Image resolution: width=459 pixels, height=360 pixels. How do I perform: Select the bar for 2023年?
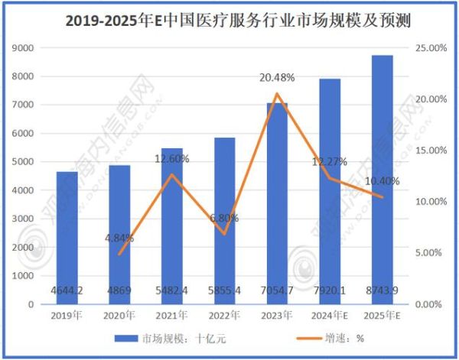pos(277,203)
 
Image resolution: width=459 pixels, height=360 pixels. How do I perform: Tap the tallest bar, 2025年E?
pos(382,180)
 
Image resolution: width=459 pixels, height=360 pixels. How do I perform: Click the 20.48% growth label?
pos(277,77)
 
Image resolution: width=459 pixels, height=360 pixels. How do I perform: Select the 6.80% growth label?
pos(223,218)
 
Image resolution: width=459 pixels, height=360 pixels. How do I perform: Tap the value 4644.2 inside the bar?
pos(67,291)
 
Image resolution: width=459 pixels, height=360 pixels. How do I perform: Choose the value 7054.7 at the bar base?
pos(277,291)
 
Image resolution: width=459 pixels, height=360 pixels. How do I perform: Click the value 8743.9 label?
pos(382,291)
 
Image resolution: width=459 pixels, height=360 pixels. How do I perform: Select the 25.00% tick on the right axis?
pos(431,48)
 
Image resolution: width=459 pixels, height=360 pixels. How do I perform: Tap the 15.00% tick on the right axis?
pos(431,151)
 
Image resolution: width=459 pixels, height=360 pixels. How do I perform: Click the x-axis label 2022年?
pos(224,314)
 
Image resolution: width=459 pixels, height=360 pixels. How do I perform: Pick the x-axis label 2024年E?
pos(330,314)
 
